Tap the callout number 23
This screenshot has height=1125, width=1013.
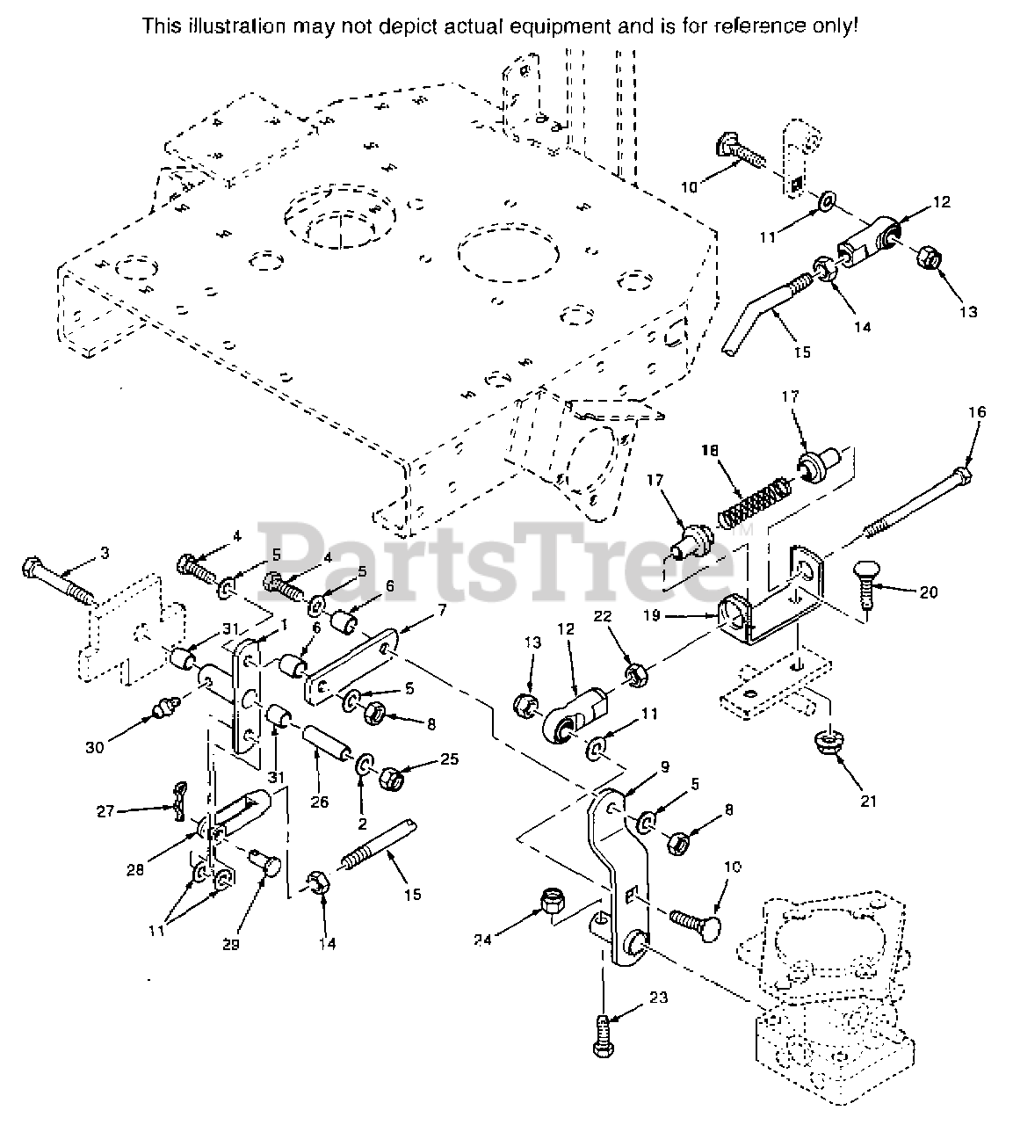(x=659, y=998)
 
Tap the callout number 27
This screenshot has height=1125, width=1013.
(x=105, y=811)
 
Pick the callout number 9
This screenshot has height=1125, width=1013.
(x=665, y=766)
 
